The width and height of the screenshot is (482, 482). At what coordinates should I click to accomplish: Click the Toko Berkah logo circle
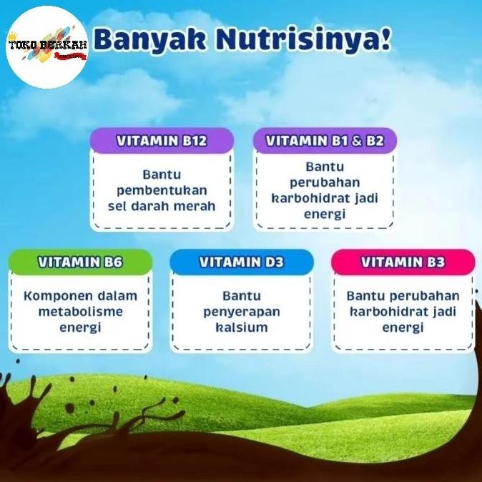(47, 47)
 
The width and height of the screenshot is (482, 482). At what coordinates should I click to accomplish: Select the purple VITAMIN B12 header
(162, 141)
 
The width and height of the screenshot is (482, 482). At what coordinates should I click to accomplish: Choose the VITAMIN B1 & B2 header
(325, 141)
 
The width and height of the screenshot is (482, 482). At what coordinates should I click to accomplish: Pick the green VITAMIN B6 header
(80, 262)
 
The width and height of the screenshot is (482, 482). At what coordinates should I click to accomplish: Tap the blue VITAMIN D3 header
(242, 262)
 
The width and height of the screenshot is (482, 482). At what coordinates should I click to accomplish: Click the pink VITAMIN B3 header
(403, 262)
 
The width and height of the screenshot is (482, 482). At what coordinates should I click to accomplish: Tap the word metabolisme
(80, 312)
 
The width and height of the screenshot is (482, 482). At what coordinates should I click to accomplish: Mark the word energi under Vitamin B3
(403, 328)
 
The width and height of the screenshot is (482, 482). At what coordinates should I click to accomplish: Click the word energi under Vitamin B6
(80, 328)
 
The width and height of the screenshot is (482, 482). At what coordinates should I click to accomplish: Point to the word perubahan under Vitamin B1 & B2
(325, 182)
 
